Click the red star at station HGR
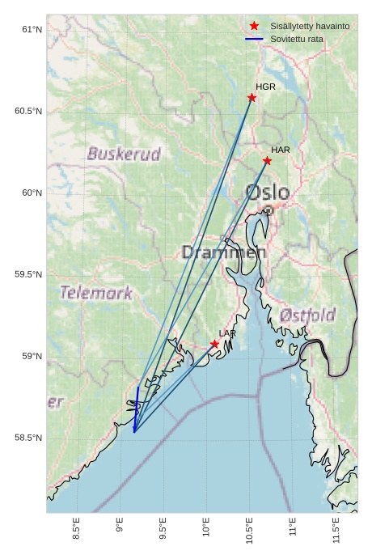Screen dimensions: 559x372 click(x=252, y=98)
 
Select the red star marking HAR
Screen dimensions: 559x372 click(x=267, y=161)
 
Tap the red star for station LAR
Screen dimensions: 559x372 click(x=214, y=344)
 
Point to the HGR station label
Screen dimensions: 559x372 click(x=265, y=87)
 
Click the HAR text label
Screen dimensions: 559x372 click(x=281, y=150)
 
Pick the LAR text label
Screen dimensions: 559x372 click(x=227, y=333)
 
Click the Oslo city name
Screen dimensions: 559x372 click(x=268, y=193)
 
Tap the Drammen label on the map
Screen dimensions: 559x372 click(x=224, y=252)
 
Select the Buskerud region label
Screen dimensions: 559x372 click(x=124, y=154)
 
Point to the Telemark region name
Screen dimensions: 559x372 click(x=95, y=293)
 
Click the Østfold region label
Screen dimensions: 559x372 click(x=307, y=315)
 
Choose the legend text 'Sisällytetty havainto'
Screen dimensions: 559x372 click(x=310, y=27)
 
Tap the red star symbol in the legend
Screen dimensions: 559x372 click(x=254, y=27)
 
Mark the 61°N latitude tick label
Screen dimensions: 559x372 click(x=31, y=30)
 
